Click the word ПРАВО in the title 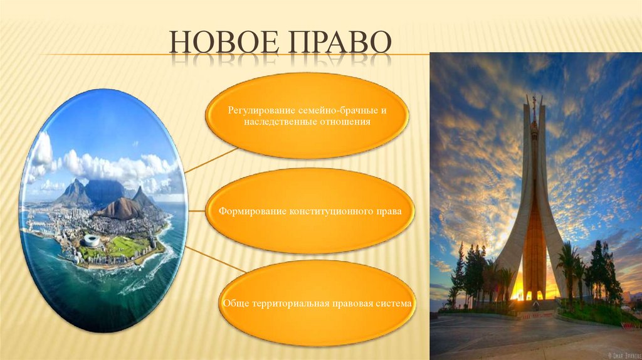339,41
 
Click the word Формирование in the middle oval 253,211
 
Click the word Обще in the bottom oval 236,304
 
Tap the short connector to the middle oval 196,211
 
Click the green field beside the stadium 122,246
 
